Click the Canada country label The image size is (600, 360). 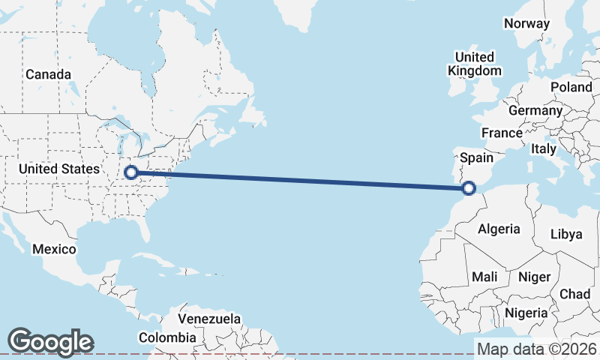48,75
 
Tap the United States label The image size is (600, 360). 59,169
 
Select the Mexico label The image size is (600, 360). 54,249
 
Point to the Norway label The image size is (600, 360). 526,23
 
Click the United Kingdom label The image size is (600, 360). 474,64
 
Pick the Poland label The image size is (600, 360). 571,88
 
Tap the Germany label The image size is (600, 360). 535,111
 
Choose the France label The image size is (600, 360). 502,133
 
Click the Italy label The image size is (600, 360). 543,149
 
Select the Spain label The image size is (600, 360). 476,157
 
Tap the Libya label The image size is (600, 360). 565,234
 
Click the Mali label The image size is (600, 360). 484,277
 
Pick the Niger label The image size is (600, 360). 534,277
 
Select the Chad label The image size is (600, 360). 574,294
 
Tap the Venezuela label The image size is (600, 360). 209,319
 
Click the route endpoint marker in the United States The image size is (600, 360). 131,172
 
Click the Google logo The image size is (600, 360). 50,342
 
